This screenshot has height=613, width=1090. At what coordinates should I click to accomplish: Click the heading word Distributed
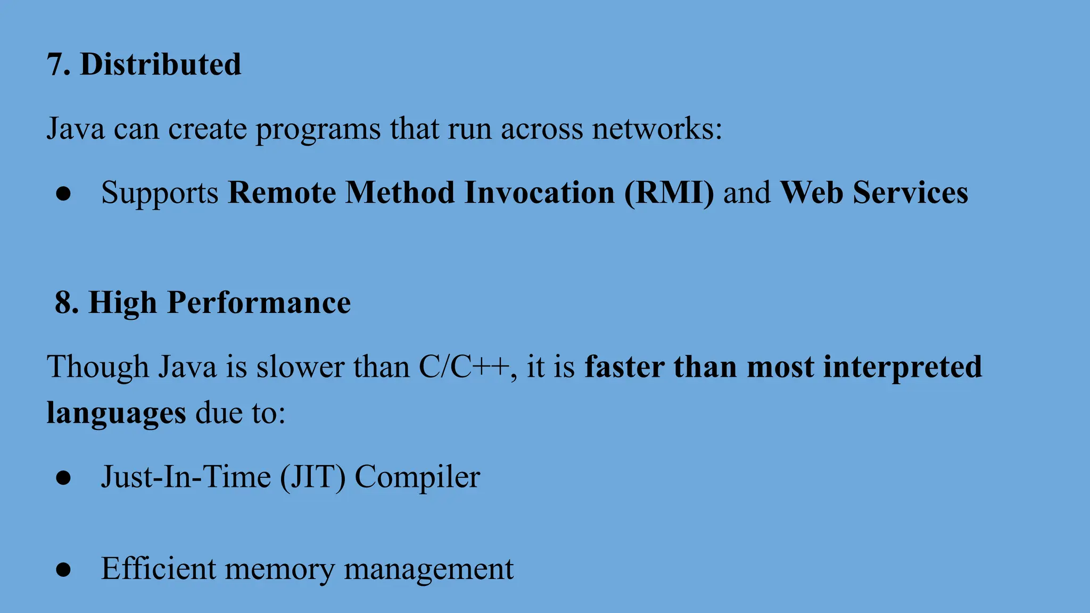pos(160,64)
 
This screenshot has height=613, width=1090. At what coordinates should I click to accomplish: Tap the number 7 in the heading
pos(56,64)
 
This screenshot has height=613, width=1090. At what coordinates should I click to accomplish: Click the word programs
pos(318,130)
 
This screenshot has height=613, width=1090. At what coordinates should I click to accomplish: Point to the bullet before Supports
pos(63,194)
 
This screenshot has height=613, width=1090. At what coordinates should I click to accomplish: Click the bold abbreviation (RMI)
pos(668,193)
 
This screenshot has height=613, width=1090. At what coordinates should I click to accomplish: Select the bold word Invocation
pos(539,193)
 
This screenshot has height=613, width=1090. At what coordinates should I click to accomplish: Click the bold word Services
pos(910,193)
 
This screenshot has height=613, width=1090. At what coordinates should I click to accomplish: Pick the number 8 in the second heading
pos(67,303)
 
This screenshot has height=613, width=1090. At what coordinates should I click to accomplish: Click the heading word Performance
pos(259,303)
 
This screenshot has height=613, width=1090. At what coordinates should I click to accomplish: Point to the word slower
pos(300,367)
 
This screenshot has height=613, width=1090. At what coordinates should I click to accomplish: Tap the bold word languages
pos(116,413)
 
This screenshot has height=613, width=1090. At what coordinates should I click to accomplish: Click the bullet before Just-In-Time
pos(63,478)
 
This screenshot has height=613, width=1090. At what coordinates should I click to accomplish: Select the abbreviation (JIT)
pos(313,477)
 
